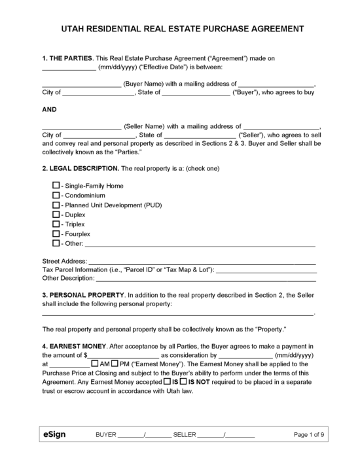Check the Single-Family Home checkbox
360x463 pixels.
(56, 186)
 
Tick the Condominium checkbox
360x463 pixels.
(56, 196)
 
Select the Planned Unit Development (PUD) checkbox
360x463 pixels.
(56, 205)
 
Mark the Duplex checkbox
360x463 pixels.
(56, 214)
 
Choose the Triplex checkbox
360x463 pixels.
(56, 224)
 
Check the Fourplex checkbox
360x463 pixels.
(56, 233)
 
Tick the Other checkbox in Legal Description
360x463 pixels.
(56, 243)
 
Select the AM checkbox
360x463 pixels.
(96, 364)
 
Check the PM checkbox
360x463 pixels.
(115, 364)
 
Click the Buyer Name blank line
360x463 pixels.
(81, 85)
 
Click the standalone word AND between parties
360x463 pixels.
(50, 110)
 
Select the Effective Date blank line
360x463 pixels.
(68, 67)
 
